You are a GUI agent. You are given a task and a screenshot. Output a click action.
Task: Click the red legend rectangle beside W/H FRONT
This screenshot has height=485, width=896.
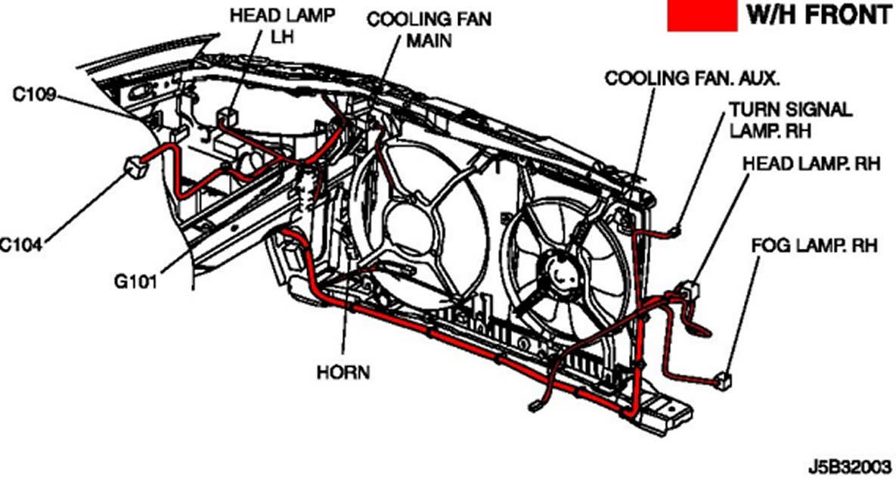701,16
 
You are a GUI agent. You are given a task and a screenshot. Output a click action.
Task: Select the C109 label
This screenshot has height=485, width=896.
33,95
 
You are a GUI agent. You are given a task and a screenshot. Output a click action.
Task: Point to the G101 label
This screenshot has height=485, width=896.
135,282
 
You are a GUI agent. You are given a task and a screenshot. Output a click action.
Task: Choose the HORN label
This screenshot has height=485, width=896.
343,372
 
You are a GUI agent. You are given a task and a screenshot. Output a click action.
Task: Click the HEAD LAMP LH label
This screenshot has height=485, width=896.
263,26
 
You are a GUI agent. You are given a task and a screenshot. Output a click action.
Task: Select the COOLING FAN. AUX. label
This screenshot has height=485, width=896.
692,78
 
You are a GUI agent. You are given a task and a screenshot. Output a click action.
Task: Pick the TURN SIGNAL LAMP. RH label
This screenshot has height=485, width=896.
790,119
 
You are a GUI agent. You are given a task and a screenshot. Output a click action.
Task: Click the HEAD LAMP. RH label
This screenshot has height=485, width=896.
811,163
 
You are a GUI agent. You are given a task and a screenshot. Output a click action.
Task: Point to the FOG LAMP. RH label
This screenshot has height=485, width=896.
814,246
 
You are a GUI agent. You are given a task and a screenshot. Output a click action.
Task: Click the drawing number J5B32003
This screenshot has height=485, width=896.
850,465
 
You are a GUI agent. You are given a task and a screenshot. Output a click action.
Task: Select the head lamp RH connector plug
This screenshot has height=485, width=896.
687,290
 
